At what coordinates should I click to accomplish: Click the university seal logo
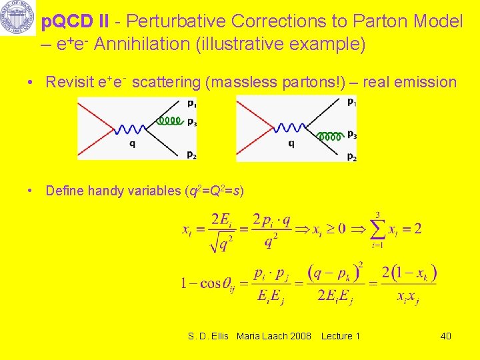click(17, 18)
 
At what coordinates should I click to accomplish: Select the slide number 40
click(445, 336)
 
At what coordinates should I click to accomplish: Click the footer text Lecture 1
click(340, 336)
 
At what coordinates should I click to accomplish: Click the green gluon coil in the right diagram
click(330, 136)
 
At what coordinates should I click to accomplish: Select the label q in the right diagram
click(291, 142)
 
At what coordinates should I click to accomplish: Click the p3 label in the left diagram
click(191, 121)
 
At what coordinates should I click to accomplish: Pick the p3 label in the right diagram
click(351, 135)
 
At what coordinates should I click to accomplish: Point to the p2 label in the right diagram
click(351, 157)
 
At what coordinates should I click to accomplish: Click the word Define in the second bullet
click(65, 191)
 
